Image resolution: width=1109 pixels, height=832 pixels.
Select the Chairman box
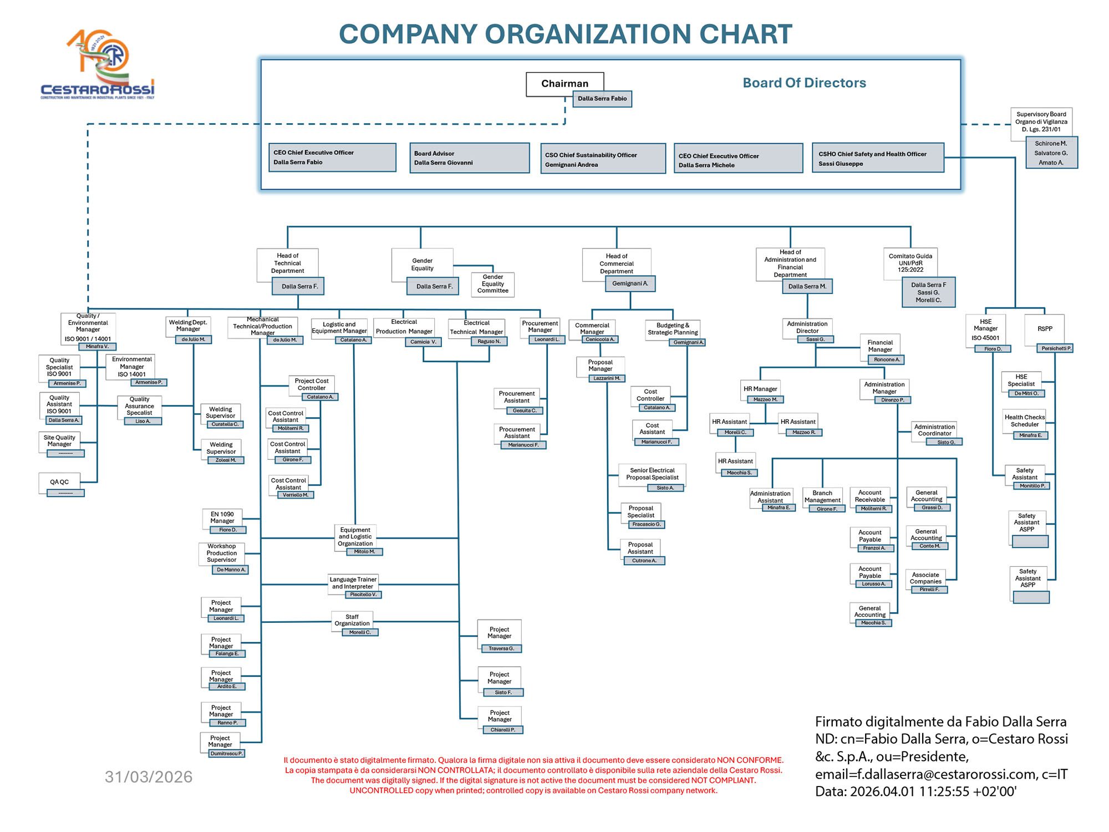(564, 84)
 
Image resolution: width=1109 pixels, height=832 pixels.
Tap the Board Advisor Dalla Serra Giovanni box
(469, 158)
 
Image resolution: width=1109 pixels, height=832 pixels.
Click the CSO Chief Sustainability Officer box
(603, 159)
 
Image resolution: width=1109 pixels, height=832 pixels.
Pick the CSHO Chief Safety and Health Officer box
(878, 159)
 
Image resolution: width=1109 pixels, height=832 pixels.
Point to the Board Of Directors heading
(804, 83)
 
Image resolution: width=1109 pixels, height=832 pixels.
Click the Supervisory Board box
(1041, 122)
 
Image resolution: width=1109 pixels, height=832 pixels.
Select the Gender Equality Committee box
(492, 284)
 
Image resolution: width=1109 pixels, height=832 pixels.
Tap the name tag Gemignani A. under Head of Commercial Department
(630, 283)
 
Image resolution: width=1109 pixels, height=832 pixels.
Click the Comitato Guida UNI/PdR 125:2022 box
(910, 263)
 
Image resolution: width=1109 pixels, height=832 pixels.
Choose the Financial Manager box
(880, 346)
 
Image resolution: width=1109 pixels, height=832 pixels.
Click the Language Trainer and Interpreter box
(353, 583)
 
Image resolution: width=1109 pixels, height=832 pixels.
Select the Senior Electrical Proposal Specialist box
(652, 474)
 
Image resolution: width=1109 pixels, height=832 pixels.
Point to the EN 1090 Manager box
(222, 518)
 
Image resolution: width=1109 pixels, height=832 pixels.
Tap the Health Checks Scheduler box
(1024, 421)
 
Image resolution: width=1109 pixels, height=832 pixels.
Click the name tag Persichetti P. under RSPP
(1056, 348)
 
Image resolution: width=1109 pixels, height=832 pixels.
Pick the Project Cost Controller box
(312, 384)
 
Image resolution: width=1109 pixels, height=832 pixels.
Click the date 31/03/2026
(149, 777)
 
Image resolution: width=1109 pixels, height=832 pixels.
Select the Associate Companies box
(925, 578)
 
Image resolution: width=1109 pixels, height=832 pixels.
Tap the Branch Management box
(822, 496)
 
